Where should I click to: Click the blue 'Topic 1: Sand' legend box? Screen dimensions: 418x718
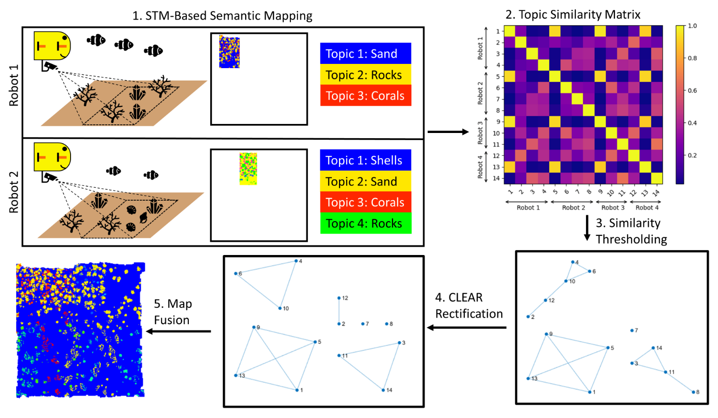[x=365, y=54]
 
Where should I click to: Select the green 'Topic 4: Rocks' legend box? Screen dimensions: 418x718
[x=365, y=224]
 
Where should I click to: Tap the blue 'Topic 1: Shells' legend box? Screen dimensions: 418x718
[x=365, y=161]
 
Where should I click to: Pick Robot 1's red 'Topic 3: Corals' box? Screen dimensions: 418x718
[x=365, y=96]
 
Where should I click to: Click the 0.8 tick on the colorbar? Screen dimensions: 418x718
[x=692, y=58]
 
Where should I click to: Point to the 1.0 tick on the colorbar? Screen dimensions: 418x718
[x=692, y=26]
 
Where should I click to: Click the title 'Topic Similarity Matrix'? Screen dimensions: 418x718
[x=573, y=15]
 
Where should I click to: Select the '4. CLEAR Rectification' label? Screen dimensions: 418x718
[x=469, y=306]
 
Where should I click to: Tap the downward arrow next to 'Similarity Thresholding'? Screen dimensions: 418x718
[x=587, y=229]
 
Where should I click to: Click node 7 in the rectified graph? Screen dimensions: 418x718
[x=363, y=324]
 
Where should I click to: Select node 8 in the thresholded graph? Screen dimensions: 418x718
[x=693, y=392]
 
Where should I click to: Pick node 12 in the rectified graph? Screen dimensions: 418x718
[x=339, y=298]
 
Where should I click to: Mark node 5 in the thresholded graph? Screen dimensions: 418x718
[x=608, y=348]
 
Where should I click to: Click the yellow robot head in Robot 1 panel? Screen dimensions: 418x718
[x=52, y=46]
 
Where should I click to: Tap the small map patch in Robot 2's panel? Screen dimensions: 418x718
[x=248, y=169]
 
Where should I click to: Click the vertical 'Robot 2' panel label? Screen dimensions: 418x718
[x=14, y=192]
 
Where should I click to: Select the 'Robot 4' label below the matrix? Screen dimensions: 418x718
[x=647, y=208]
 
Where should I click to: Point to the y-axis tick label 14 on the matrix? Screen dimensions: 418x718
[x=496, y=178]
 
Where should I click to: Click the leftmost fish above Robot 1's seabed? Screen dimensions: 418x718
[x=96, y=40]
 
